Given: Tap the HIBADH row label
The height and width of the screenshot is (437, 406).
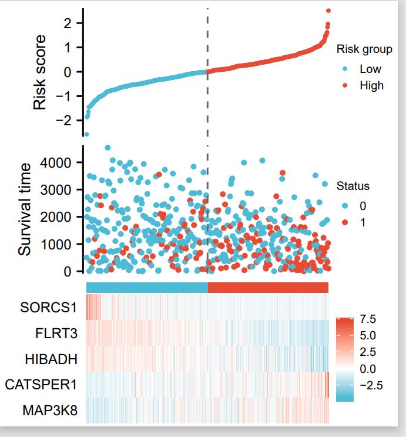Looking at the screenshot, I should click(x=54, y=359).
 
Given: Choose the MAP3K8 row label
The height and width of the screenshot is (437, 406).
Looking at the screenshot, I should click(x=51, y=410).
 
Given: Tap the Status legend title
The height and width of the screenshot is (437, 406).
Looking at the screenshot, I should click(x=353, y=186).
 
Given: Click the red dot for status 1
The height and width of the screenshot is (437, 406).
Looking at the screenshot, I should click(x=345, y=222).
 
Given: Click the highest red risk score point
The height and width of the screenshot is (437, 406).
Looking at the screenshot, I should click(x=328, y=11).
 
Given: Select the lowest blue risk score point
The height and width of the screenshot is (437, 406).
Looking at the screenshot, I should click(x=86, y=134).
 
